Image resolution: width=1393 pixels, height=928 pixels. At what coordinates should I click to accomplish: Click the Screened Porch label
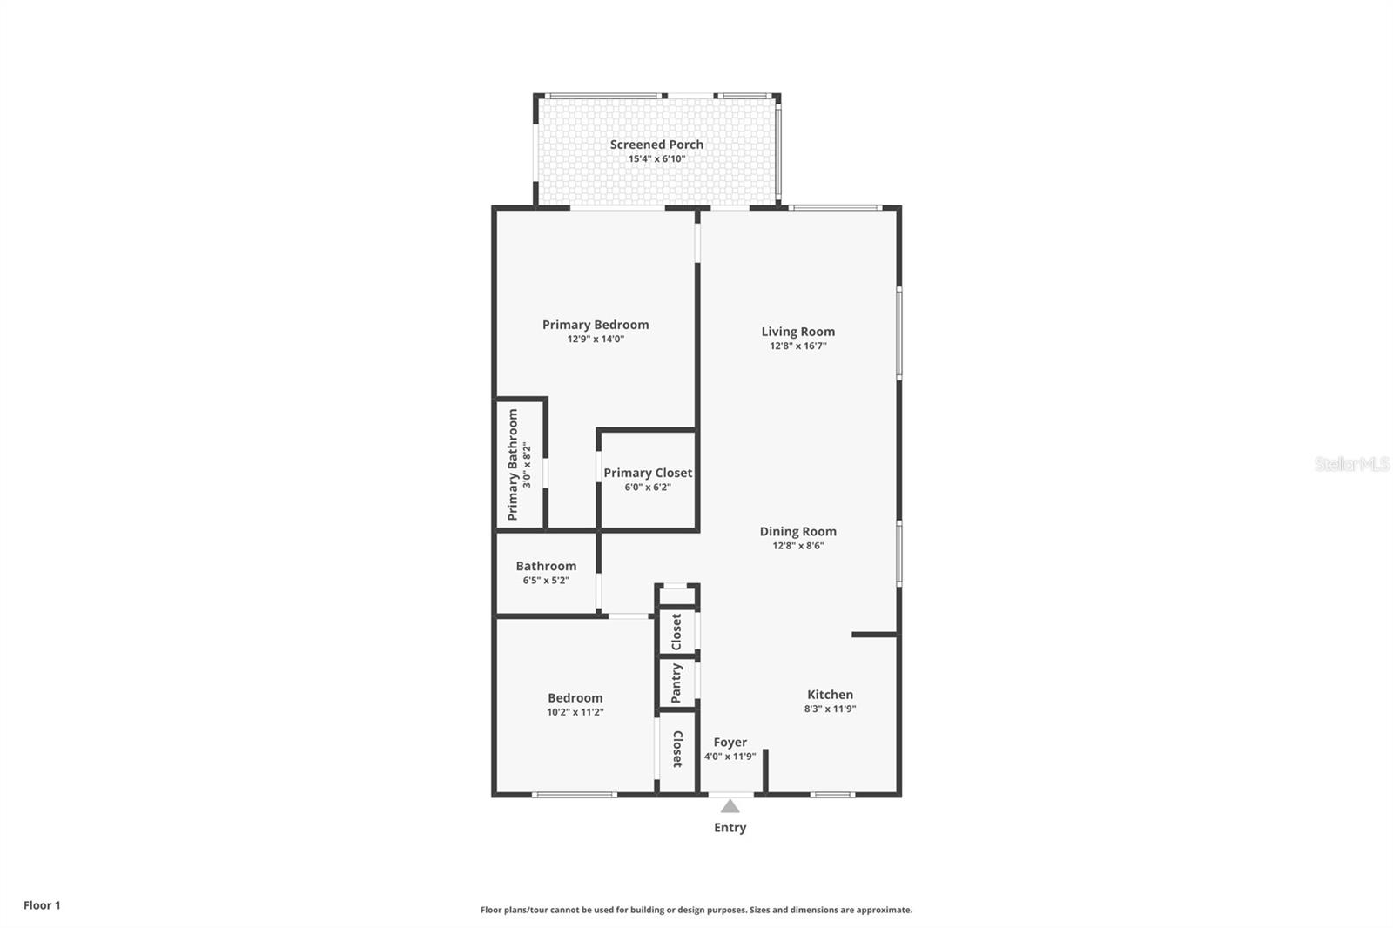[656, 145]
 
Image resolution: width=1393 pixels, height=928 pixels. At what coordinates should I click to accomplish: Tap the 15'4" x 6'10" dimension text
[656, 159]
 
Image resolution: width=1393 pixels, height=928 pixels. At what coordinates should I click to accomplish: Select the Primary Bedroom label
[596, 325]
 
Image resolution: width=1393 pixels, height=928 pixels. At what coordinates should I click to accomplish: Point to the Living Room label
[797, 332]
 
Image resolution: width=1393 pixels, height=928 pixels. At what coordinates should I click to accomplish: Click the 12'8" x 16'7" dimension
[797, 346]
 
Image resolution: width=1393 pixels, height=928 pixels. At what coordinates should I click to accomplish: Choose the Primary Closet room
[648, 480]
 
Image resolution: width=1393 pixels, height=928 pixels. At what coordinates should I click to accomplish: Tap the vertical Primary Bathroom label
[513, 464]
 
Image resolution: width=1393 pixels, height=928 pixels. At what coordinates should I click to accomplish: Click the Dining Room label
[797, 532]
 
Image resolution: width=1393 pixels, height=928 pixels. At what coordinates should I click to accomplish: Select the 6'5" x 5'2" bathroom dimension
[546, 581]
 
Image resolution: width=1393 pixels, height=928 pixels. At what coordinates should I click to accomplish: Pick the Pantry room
[676, 683]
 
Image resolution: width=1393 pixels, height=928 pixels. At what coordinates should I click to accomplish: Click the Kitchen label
[830, 695]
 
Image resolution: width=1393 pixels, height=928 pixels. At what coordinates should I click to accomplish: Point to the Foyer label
[730, 743]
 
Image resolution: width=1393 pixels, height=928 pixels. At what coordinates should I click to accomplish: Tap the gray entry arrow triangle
[730, 807]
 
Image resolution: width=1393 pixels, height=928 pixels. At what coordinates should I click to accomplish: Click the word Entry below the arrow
[730, 828]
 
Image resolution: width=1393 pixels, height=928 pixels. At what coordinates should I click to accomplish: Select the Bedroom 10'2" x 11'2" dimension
[575, 712]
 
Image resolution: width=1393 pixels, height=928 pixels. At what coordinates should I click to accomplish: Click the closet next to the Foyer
[677, 750]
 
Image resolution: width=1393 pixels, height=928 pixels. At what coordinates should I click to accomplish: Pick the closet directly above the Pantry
[676, 632]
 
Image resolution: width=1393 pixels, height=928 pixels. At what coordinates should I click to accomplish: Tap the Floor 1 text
[42, 905]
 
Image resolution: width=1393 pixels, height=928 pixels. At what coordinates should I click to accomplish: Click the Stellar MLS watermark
[1351, 465]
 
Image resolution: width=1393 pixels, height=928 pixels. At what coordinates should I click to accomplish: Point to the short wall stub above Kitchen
[874, 635]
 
